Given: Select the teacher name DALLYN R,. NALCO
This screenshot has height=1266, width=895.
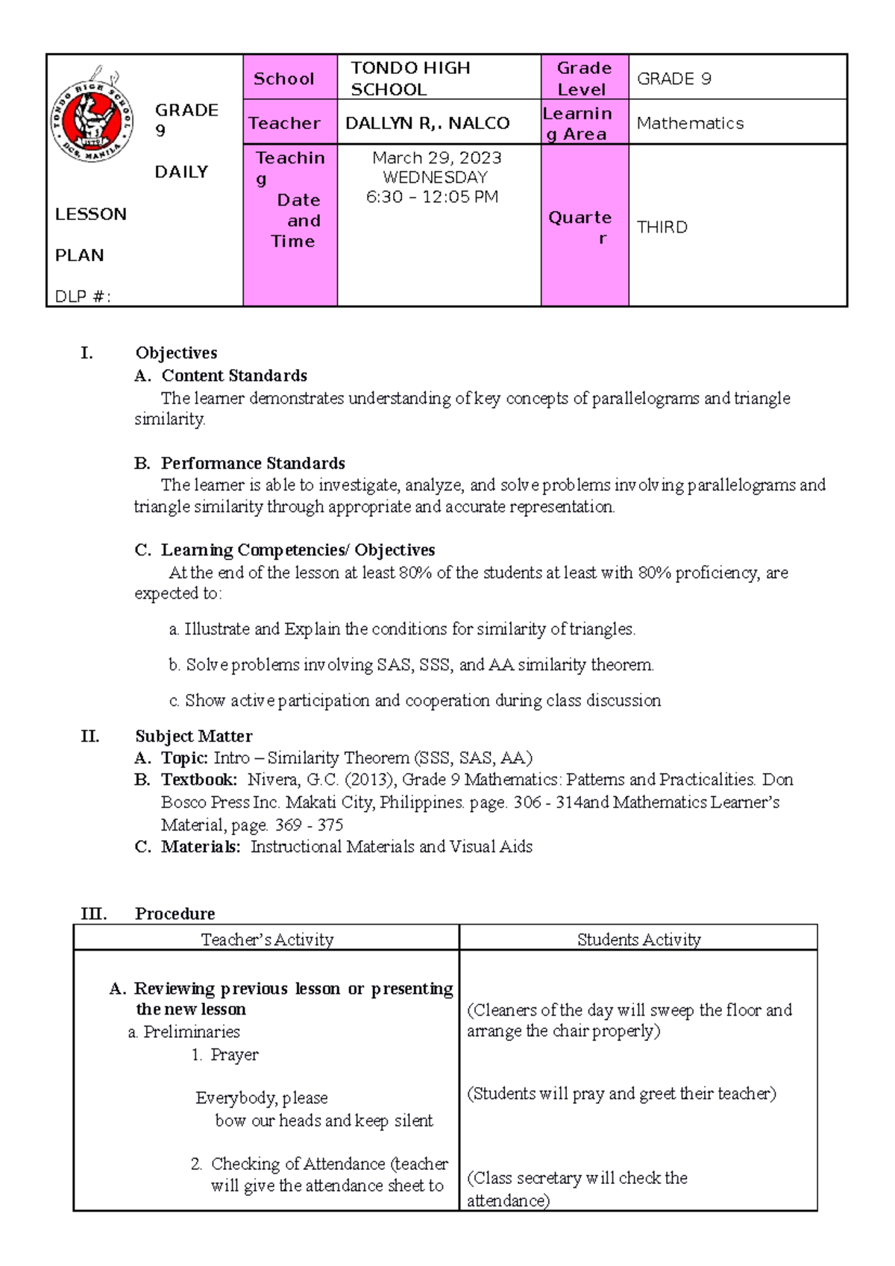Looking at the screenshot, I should [x=427, y=123].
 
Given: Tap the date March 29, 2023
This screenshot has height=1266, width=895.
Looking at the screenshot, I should [x=437, y=158].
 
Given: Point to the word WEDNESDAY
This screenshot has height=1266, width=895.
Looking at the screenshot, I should [x=435, y=177].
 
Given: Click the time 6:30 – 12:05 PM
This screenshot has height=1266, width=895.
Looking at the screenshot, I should [x=432, y=197].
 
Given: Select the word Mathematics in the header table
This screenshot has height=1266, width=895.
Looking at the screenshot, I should [x=690, y=123].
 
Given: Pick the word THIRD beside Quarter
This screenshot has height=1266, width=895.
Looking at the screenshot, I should [x=662, y=227].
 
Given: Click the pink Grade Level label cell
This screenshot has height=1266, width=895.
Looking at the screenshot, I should [x=584, y=78].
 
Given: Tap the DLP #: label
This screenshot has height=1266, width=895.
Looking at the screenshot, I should [x=83, y=297].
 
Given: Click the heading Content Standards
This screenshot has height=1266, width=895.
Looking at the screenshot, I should [x=234, y=376].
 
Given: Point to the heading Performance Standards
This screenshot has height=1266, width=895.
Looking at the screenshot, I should [x=253, y=463].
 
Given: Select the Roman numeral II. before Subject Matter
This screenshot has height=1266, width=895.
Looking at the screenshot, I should [x=89, y=737].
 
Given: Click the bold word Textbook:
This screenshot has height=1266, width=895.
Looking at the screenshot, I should [x=199, y=780].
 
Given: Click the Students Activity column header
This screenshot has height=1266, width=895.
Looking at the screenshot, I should [x=638, y=939].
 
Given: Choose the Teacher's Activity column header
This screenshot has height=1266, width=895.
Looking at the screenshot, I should [x=267, y=939].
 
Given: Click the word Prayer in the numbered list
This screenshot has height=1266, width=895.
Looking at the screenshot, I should [x=234, y=1055].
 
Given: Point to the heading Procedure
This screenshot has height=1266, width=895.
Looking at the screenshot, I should [x=175, y=914].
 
